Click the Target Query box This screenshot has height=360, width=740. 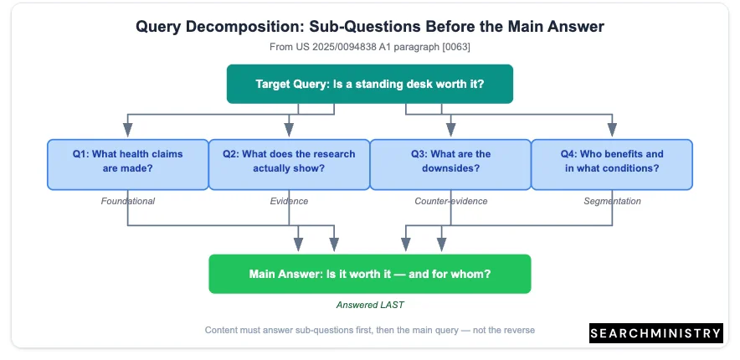[369, 84]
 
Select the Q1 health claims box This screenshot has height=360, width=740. [128, 164]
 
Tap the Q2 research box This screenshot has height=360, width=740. [290, 164]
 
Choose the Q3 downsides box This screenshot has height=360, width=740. [450, 164]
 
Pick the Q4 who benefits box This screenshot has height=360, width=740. [612, 164]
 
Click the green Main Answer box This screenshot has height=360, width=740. [370, 274]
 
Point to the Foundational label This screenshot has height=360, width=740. [128, 202]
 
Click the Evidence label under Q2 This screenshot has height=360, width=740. [290, 202]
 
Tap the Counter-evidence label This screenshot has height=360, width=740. [450, 202]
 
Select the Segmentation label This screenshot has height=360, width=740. [612, 202]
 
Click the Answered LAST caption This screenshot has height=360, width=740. [370, 306]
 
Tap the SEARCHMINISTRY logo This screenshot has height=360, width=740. [656, 333]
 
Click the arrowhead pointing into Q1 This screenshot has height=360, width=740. [128, 130]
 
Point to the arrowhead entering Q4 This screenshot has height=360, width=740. [612, 130]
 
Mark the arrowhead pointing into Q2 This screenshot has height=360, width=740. [290, 130]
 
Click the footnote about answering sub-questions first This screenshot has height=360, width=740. [370, 330]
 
